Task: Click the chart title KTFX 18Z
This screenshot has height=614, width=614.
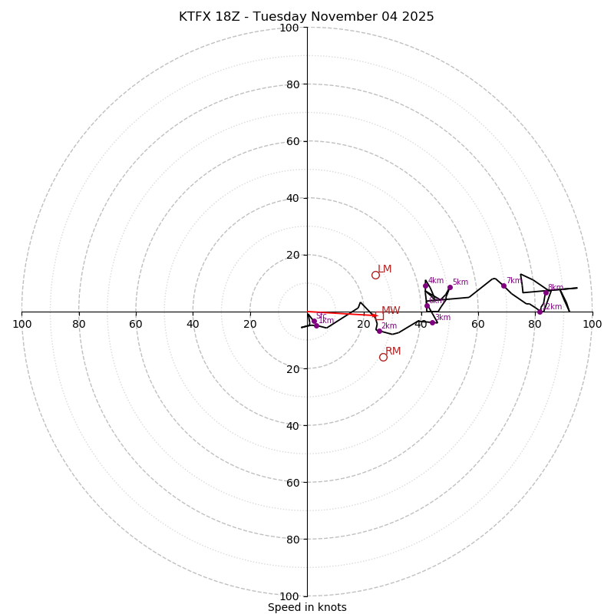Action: click(306, 17)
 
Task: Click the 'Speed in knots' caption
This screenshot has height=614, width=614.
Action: click(307, 607)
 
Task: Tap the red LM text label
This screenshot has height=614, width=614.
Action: click(385, 269)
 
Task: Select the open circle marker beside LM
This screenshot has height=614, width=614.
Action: click(375, 275)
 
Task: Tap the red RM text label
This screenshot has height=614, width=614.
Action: click(393, 352)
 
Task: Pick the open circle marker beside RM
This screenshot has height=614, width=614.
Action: click(383, 357)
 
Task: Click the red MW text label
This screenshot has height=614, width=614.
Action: click(391, 311)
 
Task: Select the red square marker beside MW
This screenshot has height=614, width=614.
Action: click(379, 315)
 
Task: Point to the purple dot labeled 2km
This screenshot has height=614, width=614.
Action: click(378, 331)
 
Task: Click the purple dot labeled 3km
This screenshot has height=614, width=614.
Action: click(432, 322)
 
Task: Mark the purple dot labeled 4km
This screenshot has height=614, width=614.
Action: click(426, 286)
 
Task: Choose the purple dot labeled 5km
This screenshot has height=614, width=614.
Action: click(450, 287)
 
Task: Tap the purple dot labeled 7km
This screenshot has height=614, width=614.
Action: click(503, 286)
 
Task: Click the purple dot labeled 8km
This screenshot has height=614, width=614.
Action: click(546, 292)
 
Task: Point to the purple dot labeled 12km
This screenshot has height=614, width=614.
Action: click(540, 312)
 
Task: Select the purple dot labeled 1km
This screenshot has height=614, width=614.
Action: click(316, 325)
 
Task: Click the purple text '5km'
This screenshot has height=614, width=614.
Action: click(460, 282)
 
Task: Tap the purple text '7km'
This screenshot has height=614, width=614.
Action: click(513, 281)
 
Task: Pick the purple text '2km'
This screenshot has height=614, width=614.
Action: click(389, 326)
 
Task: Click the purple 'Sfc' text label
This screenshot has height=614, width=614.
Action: click(321, 316)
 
